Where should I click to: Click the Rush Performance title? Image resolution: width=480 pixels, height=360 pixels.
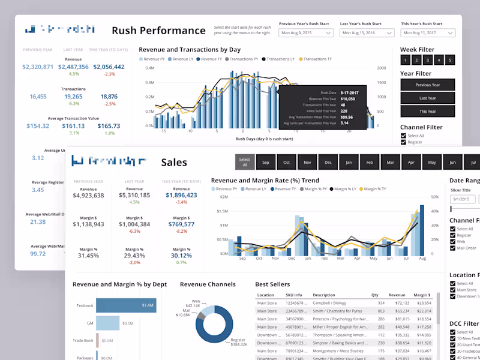coord(158,31)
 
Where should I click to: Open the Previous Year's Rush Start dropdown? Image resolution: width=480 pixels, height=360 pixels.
coord(306,33)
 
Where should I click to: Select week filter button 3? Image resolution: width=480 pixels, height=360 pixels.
coord(428,60)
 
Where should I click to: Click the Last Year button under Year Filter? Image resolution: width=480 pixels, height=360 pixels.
coord(427,98)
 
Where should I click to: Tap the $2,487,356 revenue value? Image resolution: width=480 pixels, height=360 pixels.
coord(74,67)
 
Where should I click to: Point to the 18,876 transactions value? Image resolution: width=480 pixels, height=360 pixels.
coord(109,96)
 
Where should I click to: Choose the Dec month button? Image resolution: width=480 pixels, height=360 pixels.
coord(328,163)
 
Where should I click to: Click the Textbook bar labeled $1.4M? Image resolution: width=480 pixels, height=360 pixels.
coord(126,305)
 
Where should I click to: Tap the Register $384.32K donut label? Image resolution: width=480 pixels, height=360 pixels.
coord(239,343)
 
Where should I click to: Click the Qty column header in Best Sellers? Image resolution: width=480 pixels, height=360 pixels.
coord(374,295)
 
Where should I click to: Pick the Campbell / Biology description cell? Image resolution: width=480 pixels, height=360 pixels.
coord(331,303)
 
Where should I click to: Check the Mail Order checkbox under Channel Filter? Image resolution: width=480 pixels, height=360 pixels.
coord(453,248)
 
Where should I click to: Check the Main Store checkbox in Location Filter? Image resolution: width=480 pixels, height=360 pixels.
coord(453,290)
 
